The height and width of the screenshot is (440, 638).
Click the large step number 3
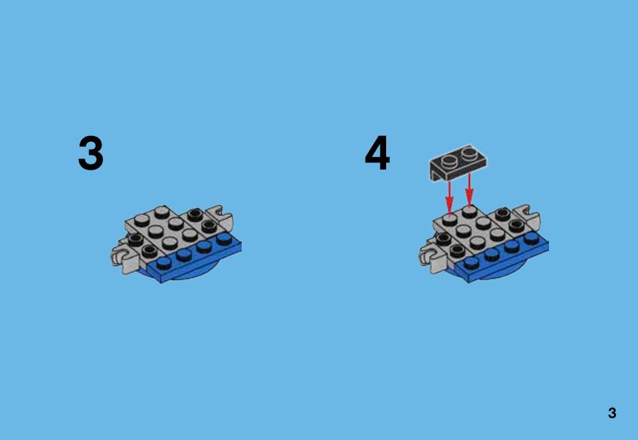click(91, 153)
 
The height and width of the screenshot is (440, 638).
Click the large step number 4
click(377, 153)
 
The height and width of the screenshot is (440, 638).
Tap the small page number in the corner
click(612, 413)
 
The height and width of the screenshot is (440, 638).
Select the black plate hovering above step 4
click(458, 162)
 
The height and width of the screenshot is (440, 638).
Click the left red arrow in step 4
click(449, 197)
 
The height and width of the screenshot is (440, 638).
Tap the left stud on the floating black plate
click(450, 162)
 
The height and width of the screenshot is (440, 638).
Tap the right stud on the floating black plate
click(469, 153)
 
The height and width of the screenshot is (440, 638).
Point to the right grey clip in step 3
click(220, 218)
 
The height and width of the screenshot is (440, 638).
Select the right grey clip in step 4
click(529, 217)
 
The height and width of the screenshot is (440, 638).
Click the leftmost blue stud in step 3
click(164, 262)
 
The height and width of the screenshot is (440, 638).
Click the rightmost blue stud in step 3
click(224, 238)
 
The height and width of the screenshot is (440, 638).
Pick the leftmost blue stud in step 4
click(472, 262)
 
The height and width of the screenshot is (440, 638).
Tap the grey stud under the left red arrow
click(449, 220)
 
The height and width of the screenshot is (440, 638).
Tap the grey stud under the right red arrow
click(469, 211)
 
